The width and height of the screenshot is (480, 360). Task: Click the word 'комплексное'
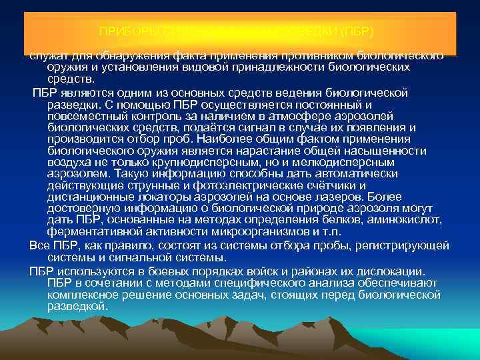tap(81, 293)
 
